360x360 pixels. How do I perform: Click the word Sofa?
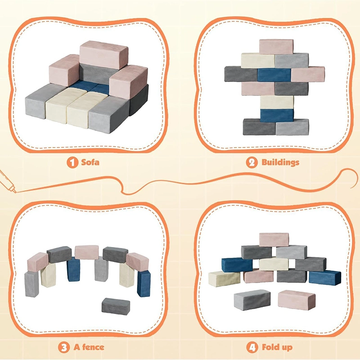tap(90, 162)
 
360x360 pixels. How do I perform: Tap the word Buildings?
tap(280, 162)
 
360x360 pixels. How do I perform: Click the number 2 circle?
tap(251, 162)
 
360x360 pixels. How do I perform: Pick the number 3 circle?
tap(64, 347)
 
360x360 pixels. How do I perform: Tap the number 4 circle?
tap(252, 347)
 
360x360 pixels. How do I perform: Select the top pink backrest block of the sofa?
tap(104, 55)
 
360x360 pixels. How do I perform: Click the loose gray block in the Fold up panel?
tap(252, 299)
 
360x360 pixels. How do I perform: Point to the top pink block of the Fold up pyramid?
tap(274, 239)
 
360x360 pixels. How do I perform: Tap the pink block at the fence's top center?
tap(87, 252)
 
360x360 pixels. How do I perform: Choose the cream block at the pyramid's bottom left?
tap(224, 278)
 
